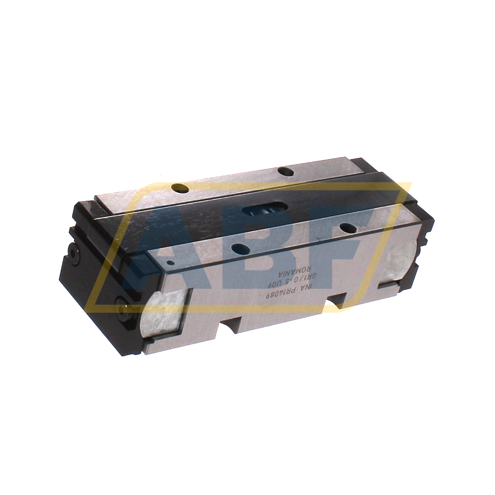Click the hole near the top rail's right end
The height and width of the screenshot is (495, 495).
tap(284, 171)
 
